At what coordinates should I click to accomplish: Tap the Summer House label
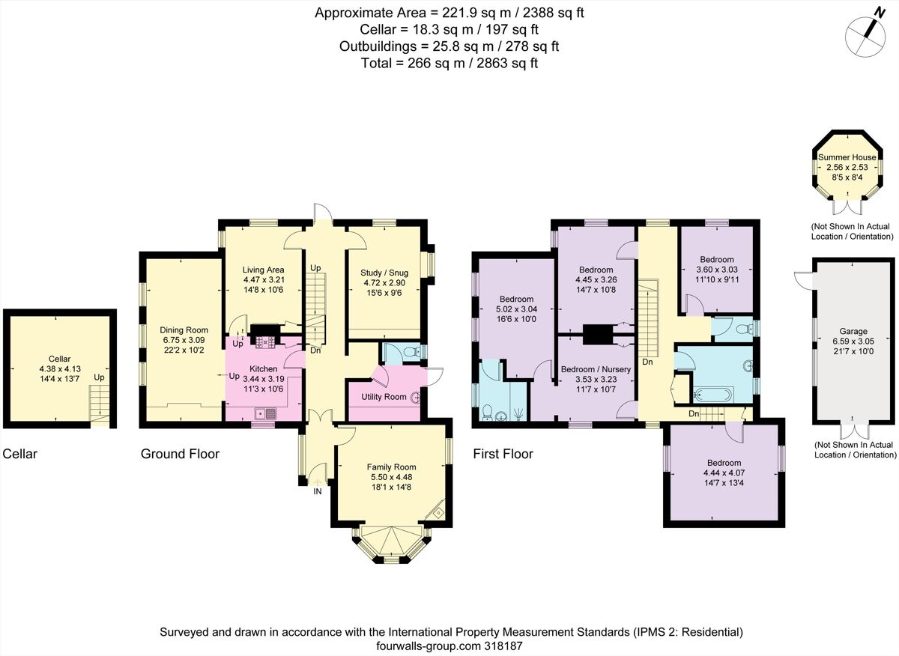(x=847, y=157)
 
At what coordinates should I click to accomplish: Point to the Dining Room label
(x=184, y=329)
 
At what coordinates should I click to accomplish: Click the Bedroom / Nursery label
(x=596, y=369)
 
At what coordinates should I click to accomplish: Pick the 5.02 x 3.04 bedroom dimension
(x=517, y=309)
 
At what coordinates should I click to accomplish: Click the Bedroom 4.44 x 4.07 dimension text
(x=722, y=473)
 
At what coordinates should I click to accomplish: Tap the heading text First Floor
(x=503, y=454)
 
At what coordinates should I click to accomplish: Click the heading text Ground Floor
(x=180, y=454)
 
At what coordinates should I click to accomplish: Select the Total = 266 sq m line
(x=448, y=64)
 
